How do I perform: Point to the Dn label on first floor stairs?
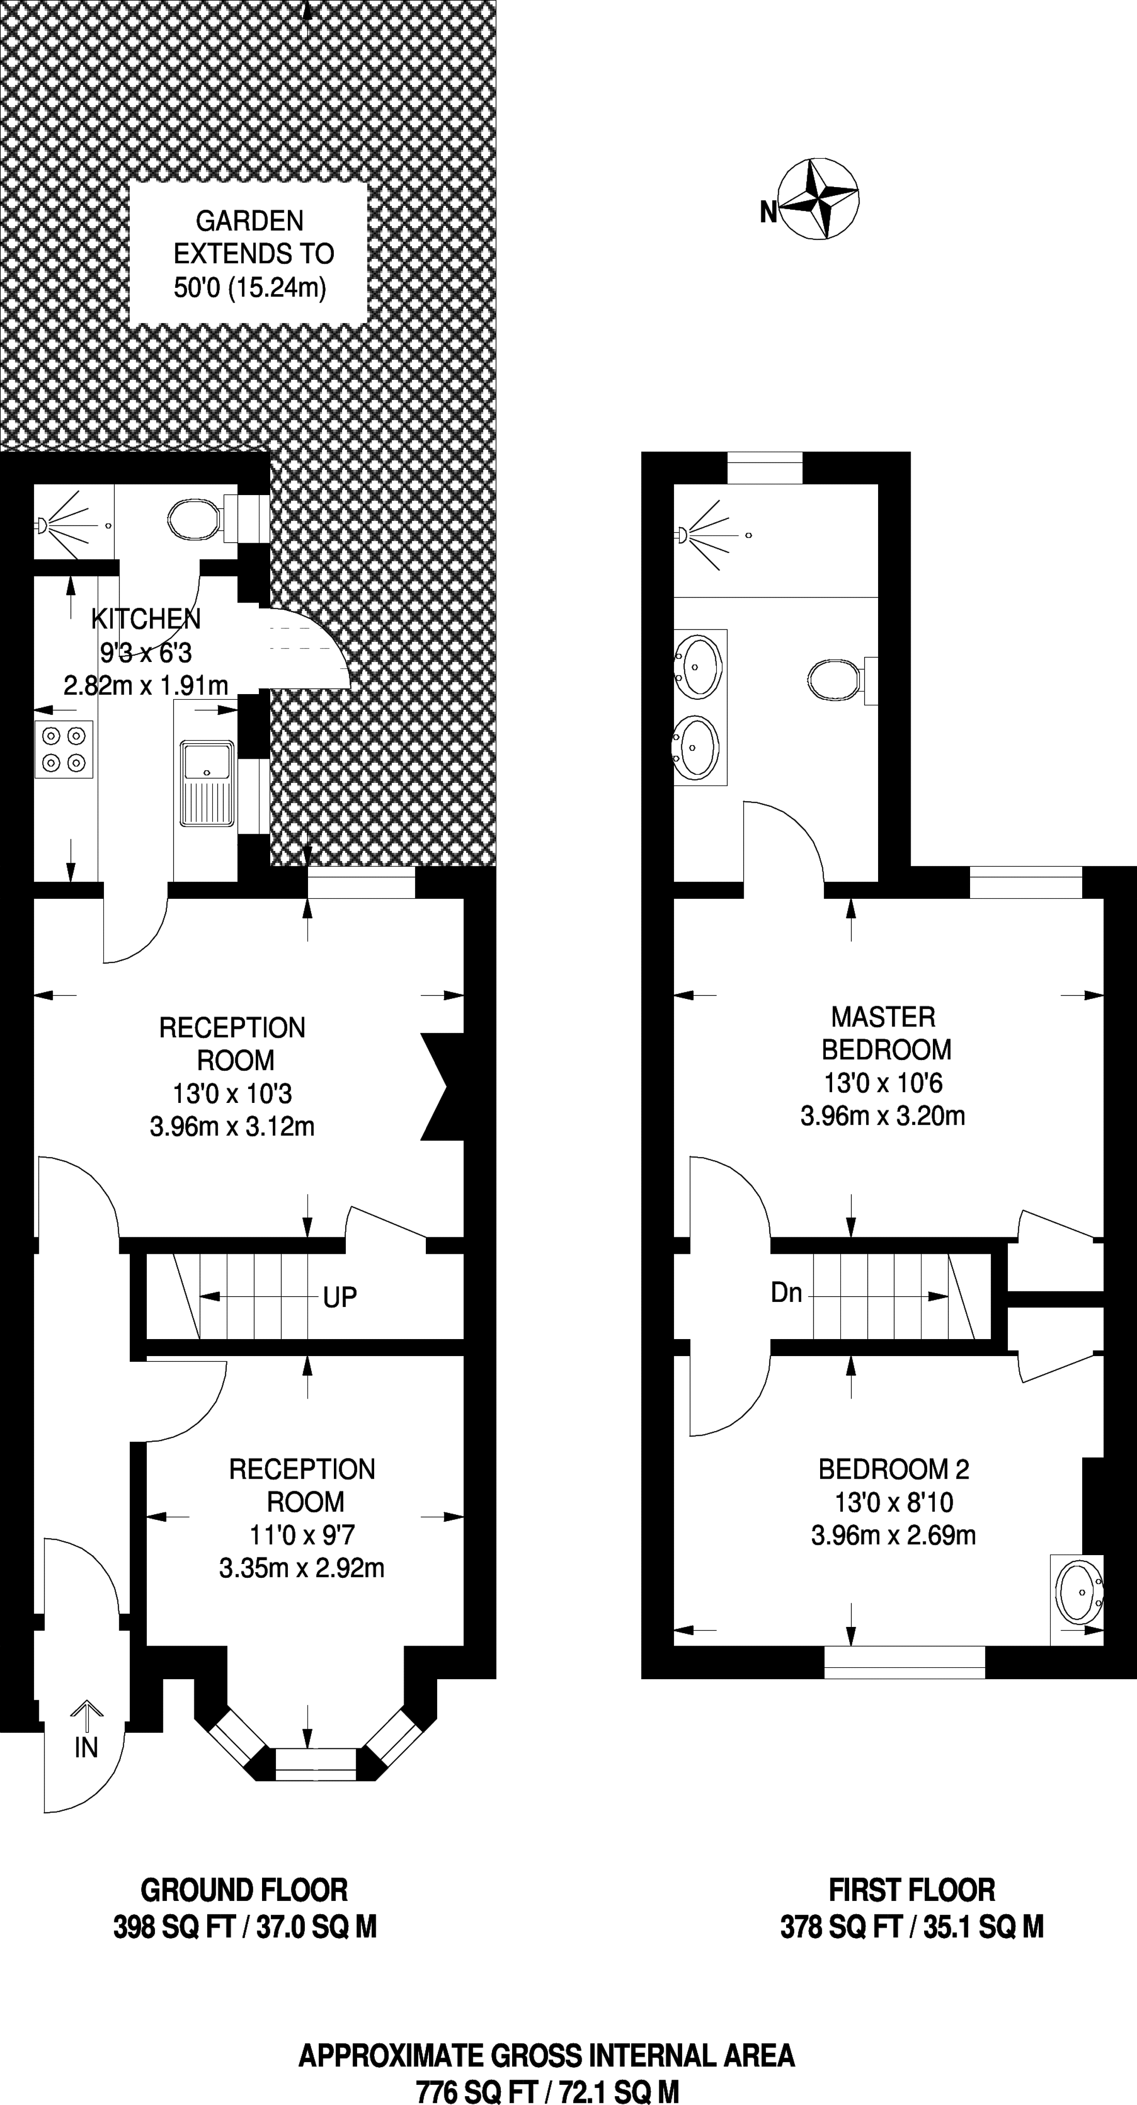point(786,1293)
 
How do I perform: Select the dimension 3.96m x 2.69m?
point(893,1535)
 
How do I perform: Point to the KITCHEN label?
point(146,619)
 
